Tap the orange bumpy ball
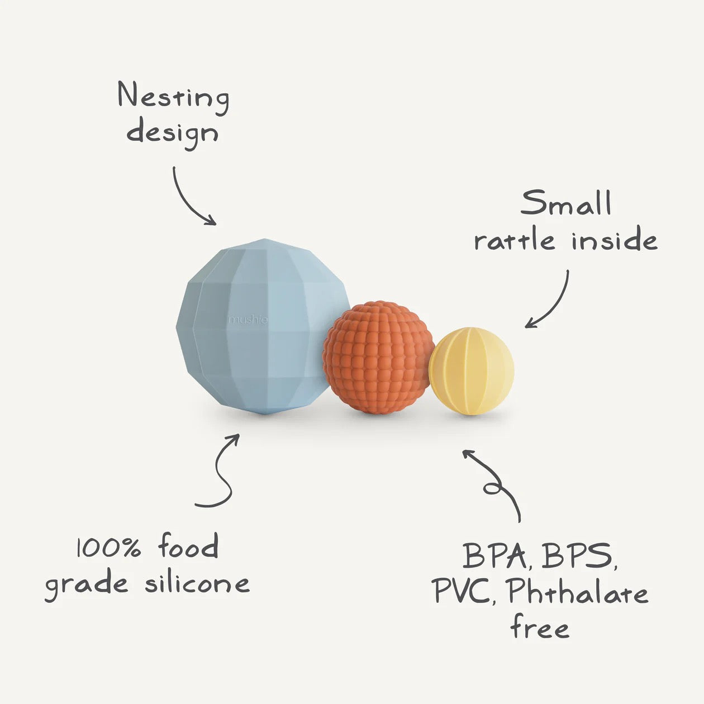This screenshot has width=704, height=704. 378,358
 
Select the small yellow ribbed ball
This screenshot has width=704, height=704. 472,371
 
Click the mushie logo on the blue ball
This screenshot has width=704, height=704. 248,321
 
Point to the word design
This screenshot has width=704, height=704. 172,133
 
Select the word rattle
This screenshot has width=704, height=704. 515,240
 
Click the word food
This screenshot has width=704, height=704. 188,546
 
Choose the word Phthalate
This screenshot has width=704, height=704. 578,592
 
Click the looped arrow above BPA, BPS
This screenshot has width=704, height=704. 494,483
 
